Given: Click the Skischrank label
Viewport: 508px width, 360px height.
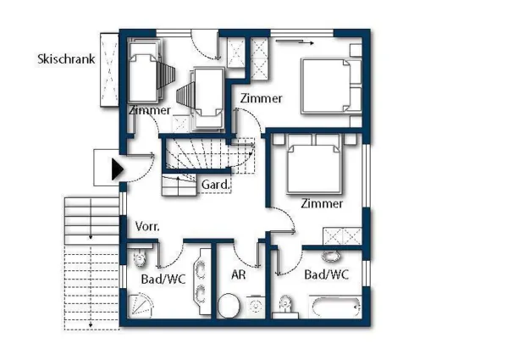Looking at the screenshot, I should [x=66, y=59].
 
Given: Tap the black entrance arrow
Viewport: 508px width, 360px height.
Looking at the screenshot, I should [x=118, y=169].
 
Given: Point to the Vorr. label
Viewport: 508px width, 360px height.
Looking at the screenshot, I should [x=147, y=227].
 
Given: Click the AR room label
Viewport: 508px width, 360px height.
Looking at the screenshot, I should [x=238, y=274].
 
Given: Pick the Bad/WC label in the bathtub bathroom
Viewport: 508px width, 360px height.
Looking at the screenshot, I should [x=327, y=274].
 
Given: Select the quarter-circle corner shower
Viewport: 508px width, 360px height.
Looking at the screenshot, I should [x=145, y=306].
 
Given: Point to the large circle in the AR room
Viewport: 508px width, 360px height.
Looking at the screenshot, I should [x=229, y=305].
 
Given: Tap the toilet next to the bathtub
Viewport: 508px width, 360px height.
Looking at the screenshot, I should [x=286, y=304].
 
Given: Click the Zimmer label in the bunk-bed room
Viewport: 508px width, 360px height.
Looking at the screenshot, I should [x=150, y=111].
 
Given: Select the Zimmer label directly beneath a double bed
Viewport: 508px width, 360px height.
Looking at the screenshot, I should [x=323, y=203].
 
